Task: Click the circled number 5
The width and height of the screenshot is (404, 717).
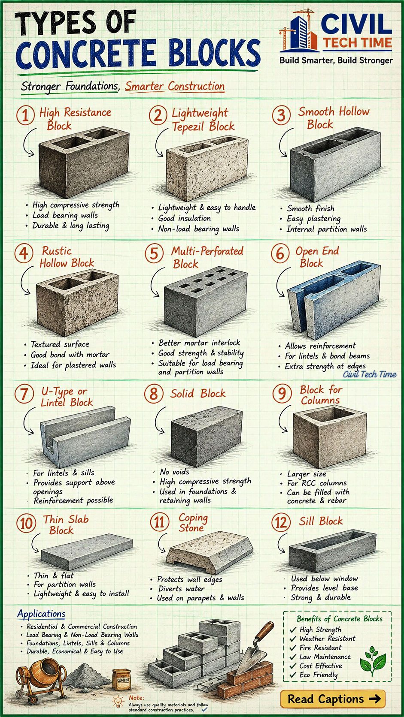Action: (x=154, y=253)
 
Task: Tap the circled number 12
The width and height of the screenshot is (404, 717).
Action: (x=281, y=523)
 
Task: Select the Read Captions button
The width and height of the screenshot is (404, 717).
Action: (x=333, y=699)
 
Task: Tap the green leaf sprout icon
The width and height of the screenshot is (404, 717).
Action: (x=373, y=660)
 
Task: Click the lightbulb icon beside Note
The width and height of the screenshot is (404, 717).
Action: (x=118, y=701)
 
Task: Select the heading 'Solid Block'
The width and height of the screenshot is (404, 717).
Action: (x=197, y=393)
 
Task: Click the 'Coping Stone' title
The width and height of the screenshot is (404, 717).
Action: (x=193, y=523)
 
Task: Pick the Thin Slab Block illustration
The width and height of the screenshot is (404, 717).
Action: (x=87, y=548)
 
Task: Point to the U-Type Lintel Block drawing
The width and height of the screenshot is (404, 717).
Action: (x=85, y=437)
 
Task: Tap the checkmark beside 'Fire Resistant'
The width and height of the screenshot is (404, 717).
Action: (x=292, y=648)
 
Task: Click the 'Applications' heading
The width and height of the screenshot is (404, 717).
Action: (x=41, y=614)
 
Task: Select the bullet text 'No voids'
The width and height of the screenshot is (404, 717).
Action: (x=175, y=471)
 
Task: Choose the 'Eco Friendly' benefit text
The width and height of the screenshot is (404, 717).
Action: (x=319, y=675)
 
